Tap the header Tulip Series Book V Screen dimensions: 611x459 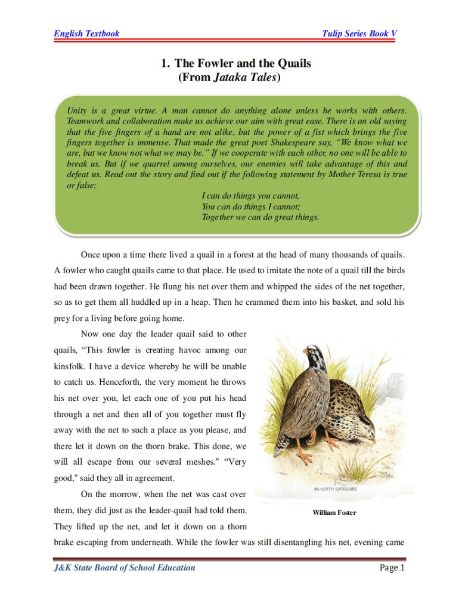[x=359, y=33]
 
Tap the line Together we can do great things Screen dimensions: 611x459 [x=260, y=218]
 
